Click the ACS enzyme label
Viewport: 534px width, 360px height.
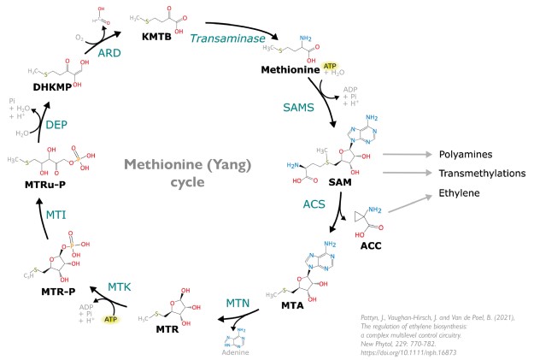pyautogui.click(x=314, y=205)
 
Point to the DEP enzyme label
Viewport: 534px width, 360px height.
pyautogui.click(x=56, y=125)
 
